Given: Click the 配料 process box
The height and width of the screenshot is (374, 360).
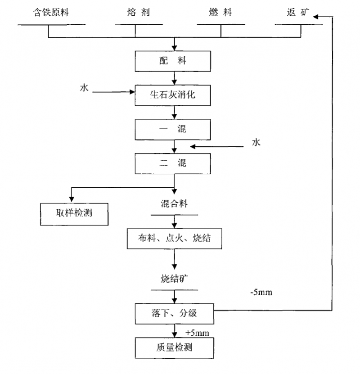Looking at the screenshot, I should [173, 61].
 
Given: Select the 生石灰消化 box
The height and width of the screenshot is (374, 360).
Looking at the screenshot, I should [173, 95].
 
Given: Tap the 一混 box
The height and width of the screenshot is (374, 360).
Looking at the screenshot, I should [173, 129].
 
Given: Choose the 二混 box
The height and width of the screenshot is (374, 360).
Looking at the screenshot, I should [173, 163].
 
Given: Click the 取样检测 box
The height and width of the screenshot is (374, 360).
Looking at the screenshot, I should [74, 213].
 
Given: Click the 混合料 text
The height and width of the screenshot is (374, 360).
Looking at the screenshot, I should [174, 204].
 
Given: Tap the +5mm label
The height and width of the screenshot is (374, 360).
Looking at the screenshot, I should [197, 333].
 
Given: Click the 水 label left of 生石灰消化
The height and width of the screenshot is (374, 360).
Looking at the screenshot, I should [84, 88].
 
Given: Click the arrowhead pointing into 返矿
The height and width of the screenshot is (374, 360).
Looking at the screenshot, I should [316, 17].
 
